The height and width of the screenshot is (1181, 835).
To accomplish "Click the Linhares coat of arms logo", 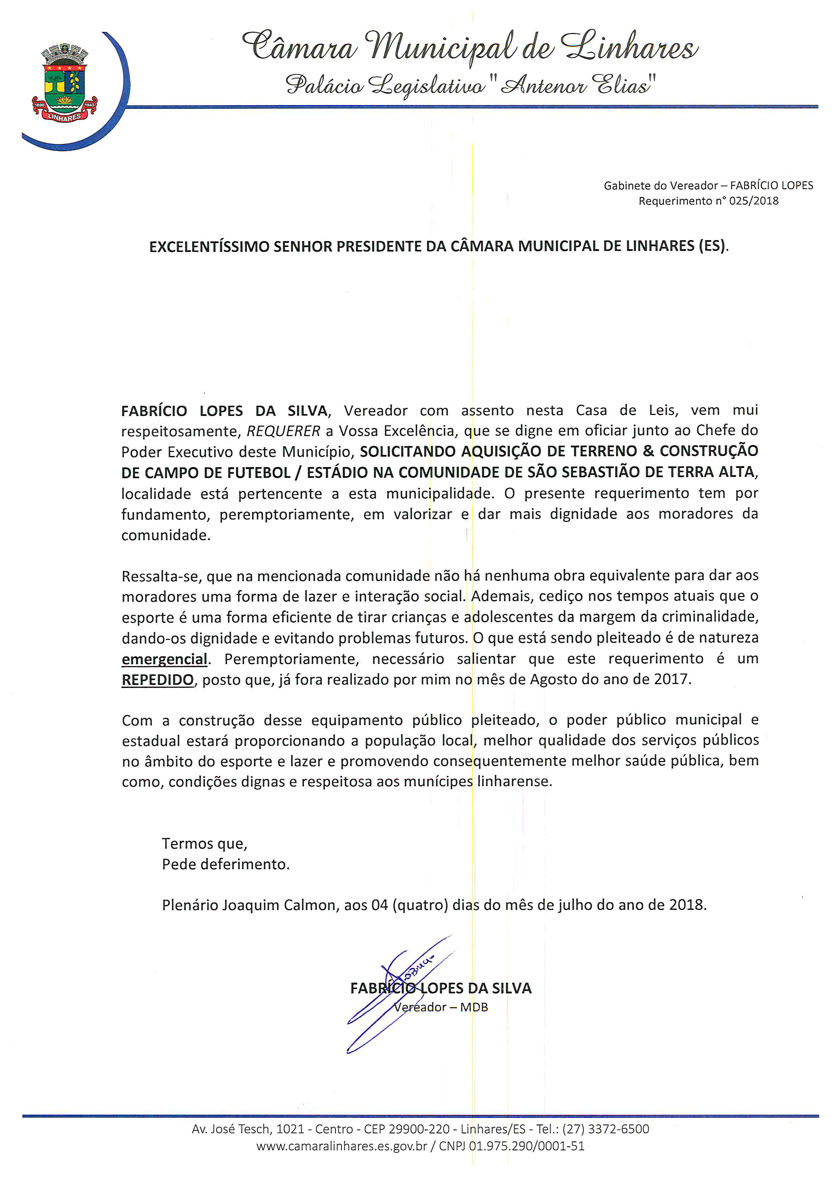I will pyautogui.click(x=65, y=85).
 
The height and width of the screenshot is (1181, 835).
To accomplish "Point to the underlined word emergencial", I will pyautogui.click(x=165, y=659).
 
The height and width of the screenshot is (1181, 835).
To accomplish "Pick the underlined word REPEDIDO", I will pyautogui.click(x=157, y=680).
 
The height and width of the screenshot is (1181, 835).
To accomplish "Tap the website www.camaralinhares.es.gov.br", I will pyautogui.click(x=341, y=1147).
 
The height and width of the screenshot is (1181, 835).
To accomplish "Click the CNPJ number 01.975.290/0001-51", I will pyautogui.click(x=527, y=1147).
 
